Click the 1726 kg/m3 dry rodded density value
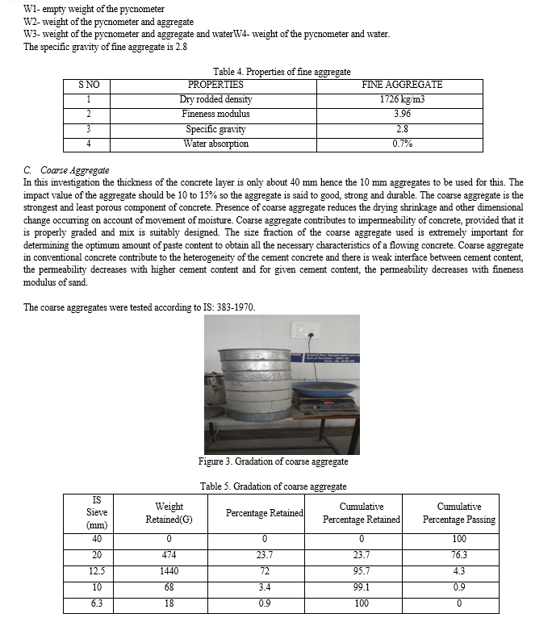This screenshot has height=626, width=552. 402,99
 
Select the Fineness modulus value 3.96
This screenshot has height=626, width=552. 402,114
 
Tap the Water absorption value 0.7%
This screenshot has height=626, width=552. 402,144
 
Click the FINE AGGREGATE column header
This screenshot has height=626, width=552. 402,84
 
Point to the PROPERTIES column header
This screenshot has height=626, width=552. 215,84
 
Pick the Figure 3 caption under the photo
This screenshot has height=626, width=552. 273,461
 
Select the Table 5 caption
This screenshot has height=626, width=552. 273,486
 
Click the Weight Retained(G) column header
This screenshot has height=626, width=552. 169,512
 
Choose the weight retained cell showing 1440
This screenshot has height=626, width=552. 169,570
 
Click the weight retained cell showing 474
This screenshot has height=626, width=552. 169,555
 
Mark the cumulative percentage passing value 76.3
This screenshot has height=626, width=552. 458,555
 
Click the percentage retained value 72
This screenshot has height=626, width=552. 264,570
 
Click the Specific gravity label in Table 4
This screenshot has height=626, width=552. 215,129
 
